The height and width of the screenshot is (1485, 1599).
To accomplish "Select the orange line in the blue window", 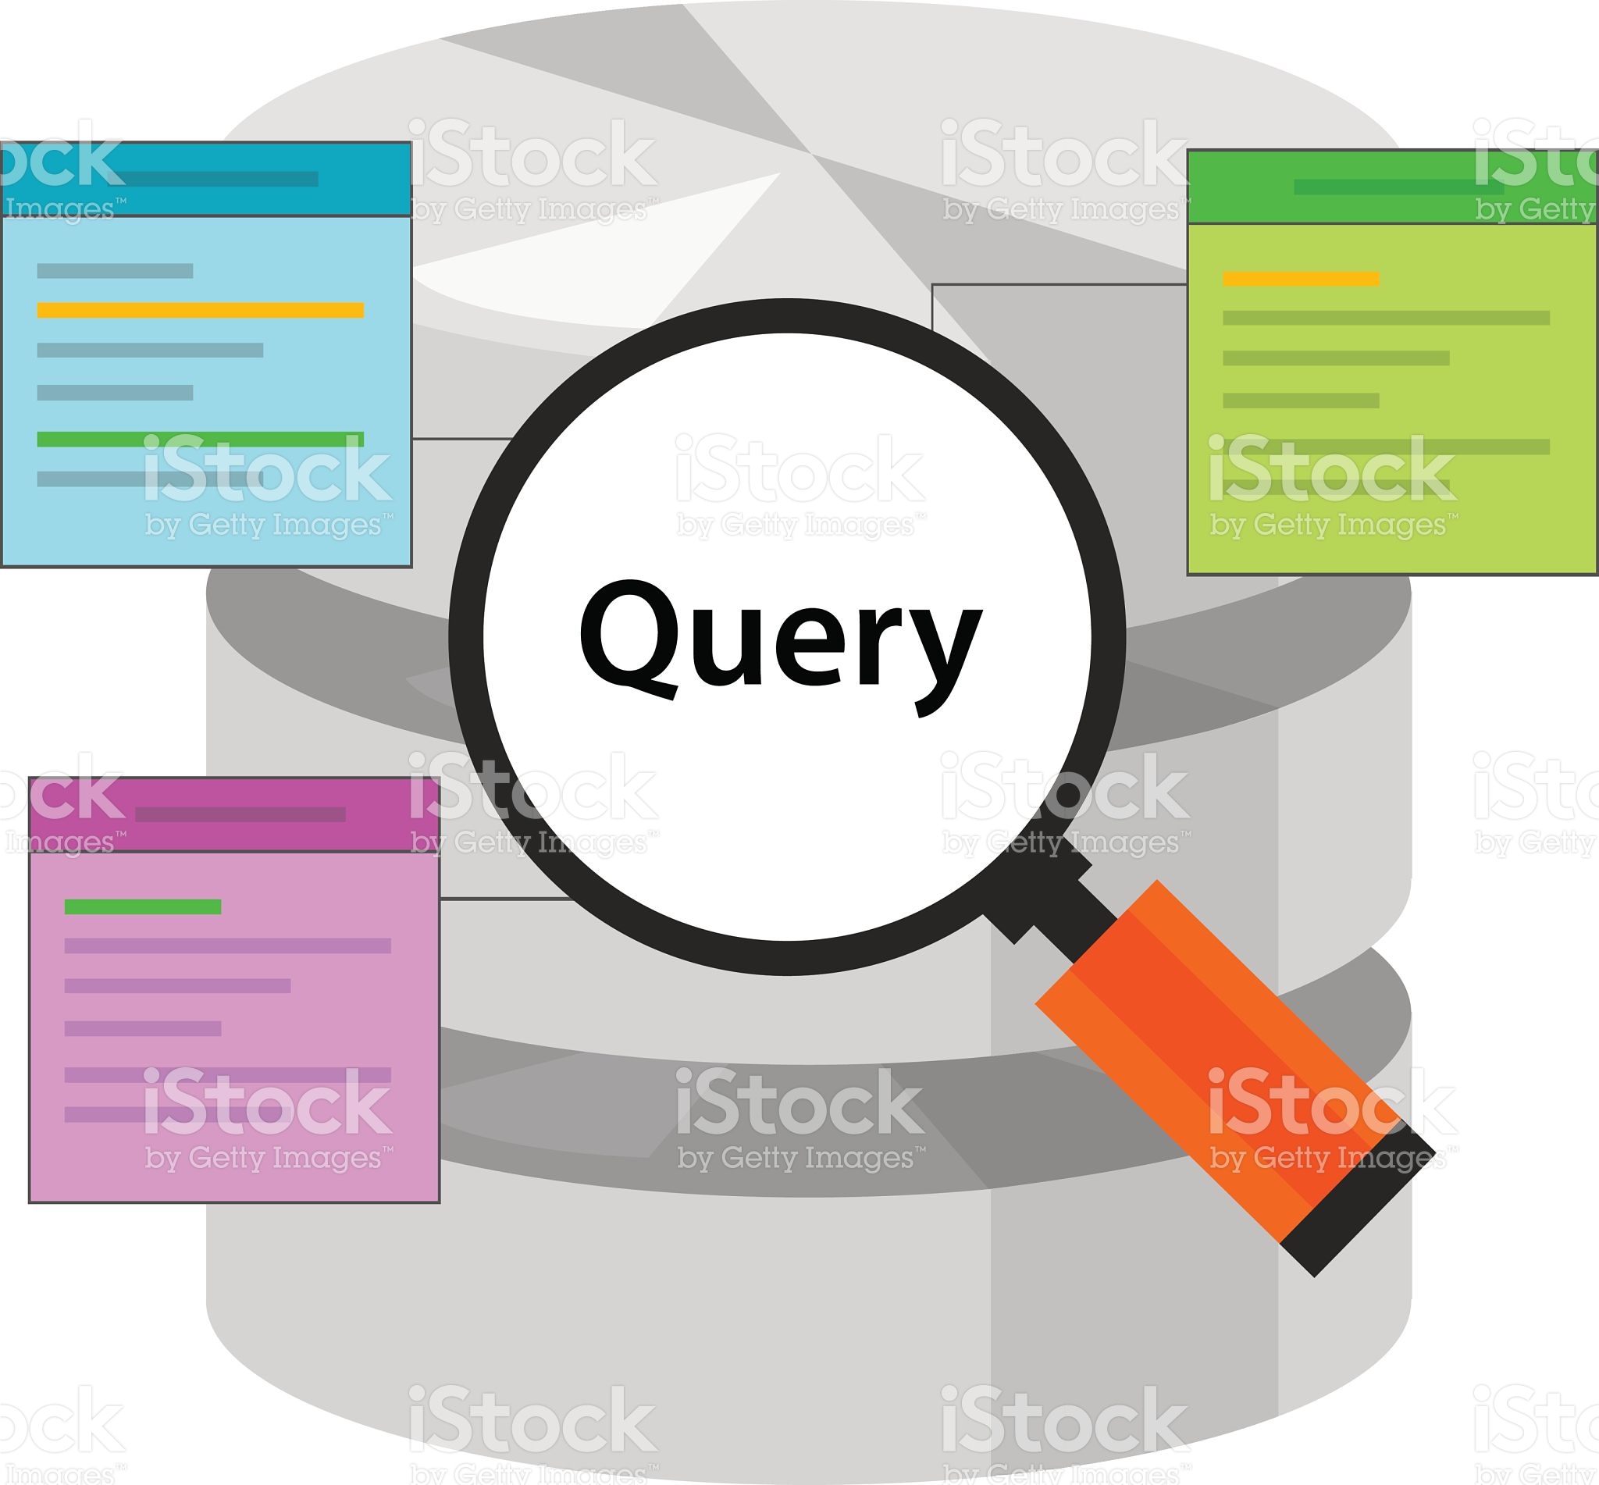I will pos(200,310).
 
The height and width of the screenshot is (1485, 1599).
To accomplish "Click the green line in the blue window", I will pos(200,439).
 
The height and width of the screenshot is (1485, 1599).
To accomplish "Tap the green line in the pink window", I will pos(142,906).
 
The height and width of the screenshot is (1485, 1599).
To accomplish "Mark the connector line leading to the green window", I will pos(1060,283).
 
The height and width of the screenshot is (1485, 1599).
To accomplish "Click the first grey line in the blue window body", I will pos(115,271).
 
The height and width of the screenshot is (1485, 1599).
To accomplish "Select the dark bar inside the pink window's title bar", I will pos(240,814).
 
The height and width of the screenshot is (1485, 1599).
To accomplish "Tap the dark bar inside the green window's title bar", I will pos(1398,187).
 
